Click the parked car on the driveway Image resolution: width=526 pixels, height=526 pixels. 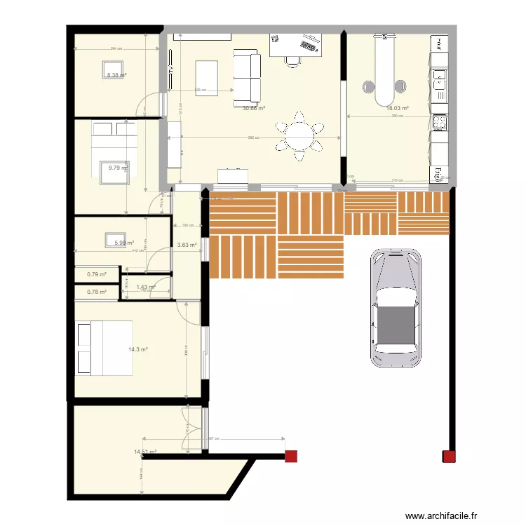click(396, 307)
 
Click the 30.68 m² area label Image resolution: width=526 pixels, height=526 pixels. click(254, 109)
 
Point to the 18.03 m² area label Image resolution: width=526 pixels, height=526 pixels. click(397, 109)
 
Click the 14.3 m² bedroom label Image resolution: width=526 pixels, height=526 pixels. click(137, 349)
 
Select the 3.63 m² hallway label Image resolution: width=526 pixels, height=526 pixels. click(187, 245)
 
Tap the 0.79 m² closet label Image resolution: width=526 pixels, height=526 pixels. click(97, 275)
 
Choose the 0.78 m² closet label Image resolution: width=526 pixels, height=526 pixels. click(97, 292)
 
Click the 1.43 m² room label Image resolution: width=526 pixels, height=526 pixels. click(145, 287)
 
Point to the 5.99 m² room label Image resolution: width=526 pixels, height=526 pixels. click(123, 243)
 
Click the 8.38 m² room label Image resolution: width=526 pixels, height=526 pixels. click(116, 75)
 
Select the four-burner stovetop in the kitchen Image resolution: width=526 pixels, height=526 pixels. click(439, 123)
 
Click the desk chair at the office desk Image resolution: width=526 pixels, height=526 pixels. click(292, 60)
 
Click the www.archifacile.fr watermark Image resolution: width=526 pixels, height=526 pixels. click(440, 515)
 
